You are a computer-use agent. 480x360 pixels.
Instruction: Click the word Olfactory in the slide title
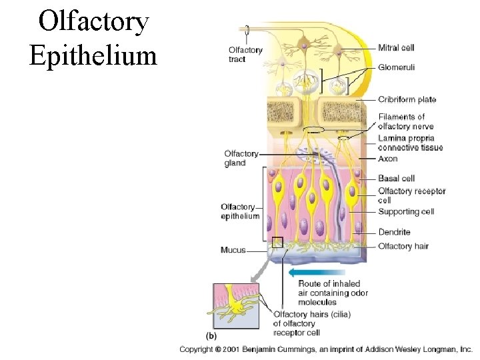pos(93,21)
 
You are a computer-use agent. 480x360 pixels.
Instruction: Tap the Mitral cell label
pos(396,47)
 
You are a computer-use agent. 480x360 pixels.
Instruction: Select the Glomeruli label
pos(397,67)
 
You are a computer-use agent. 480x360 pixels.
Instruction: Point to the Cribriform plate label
pos(407,100)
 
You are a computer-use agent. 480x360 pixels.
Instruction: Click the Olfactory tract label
pos(245,54)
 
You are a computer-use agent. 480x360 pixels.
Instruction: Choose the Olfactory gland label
pos(241,159)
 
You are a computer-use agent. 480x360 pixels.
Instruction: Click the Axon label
pos(387,159)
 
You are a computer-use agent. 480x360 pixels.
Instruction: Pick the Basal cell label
pos(396,178)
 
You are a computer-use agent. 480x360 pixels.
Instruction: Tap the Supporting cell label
pos(406,212)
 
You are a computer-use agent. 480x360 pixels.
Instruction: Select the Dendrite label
pos(394,232)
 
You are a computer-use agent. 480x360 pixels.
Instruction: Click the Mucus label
pos(233,251)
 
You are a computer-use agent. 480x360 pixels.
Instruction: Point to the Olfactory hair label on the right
pos(403,246)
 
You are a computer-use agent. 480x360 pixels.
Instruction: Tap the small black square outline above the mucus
pos(278,242)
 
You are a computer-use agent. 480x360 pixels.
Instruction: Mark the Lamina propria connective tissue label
pos(410,143)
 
